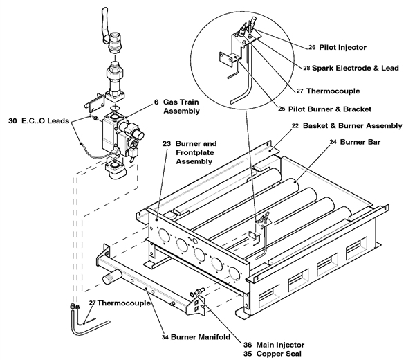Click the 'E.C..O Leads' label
point(43,119)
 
